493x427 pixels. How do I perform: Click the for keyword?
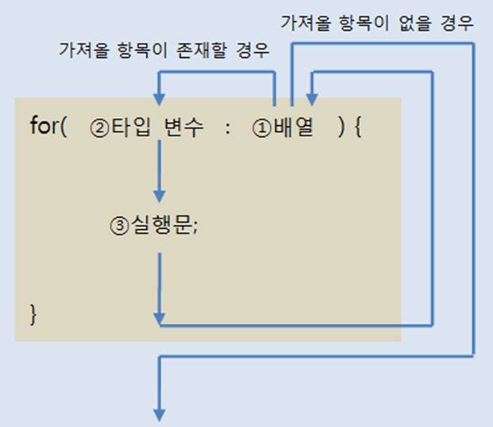click(x=44, y=127)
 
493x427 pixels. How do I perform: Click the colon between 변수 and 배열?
click(x=228, y=128)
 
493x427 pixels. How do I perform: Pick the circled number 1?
click(x=262, y=128)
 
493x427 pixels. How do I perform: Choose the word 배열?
click(x=293, y=128)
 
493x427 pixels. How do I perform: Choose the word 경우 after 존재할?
click(x=252, y=50)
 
